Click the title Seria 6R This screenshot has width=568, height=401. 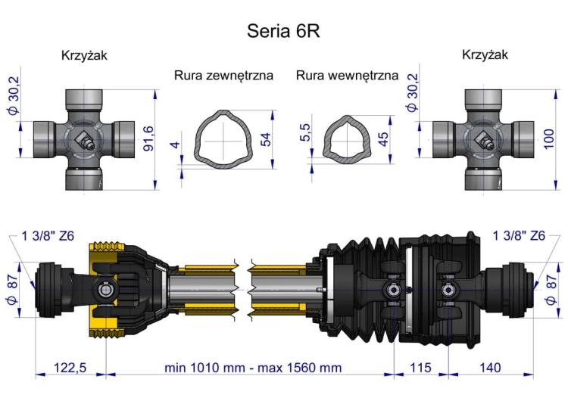coord(284,31)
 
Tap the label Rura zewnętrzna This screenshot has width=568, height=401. coord(223,76)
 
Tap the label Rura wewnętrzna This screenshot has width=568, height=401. coord(347,76)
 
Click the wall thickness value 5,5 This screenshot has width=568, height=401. coord(305,133)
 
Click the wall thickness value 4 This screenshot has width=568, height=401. coord(176,145)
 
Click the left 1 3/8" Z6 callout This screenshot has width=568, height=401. coord(48,235)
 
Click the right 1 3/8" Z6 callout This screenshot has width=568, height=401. coord(519,235)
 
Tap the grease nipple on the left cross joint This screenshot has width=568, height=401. coord(86,141)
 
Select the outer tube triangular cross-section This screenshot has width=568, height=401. coord(223,140)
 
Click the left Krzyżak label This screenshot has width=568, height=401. coord(84,55)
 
